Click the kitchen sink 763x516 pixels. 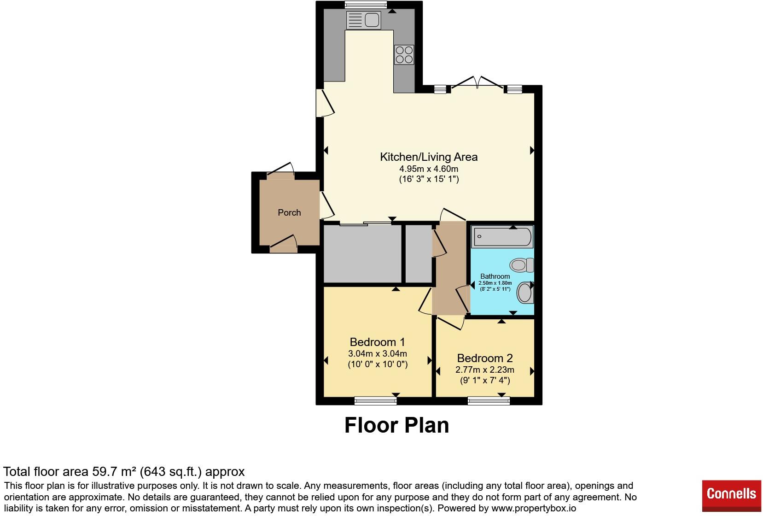(x=363, y=20)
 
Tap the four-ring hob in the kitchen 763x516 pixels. (x=404, y=54)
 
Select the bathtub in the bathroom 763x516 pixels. (x=502, y=236)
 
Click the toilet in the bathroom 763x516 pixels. (x=522, y=265)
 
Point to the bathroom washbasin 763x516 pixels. (x=525, y=293)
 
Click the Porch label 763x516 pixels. (x=289, y=213)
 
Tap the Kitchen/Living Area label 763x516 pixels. (x=429, y=157)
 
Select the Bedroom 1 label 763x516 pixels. (x=378, y=342)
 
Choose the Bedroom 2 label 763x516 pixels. (x=485, y=358)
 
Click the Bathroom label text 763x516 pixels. (x=495, y=276)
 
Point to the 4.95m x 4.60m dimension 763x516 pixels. (x=429, y=169)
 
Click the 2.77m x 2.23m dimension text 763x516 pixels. (x=485, y=370)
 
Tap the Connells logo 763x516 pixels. (x=731, y=496)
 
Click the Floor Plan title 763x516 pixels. (x=396, y=425)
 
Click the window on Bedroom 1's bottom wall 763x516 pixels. (x=375, y=400)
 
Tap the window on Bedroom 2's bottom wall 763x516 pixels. (x=489, y=400)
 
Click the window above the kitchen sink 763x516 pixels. (x=366, y=5)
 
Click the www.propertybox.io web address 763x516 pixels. (x=534, y=508)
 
